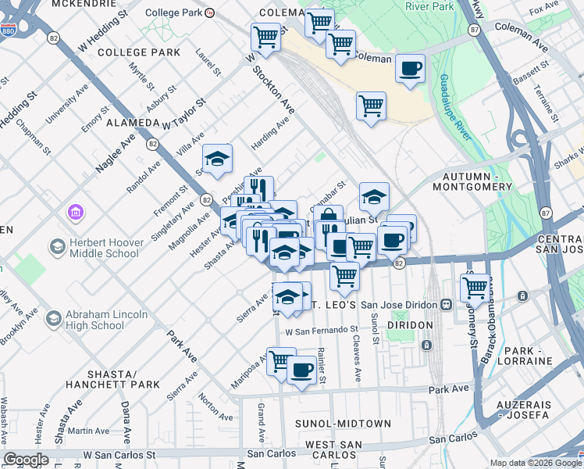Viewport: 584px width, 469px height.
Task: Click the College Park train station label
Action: coord(174,13)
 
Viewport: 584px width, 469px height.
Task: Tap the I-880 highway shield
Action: coord(9,30)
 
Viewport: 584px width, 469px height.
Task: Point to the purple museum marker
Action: coord(75,212)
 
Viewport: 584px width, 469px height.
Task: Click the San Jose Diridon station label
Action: coord(401,304)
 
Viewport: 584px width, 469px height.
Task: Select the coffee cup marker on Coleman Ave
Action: coord(410,69)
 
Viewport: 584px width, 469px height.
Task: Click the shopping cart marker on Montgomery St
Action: coord(475,287)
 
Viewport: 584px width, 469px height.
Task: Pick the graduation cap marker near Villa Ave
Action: coord(217,159)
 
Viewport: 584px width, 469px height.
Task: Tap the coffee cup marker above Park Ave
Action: coord(301,369)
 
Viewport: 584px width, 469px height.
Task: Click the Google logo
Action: coord(26,460)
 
